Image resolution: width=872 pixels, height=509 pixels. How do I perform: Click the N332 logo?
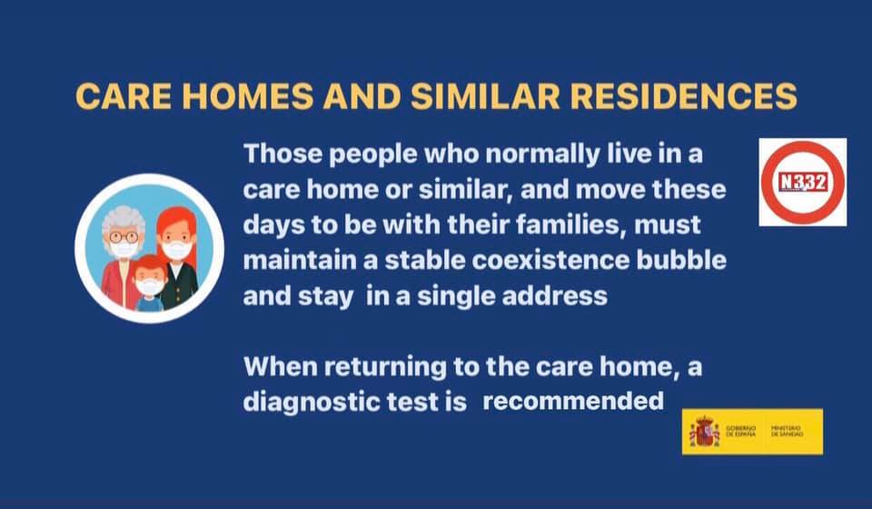pos(802,182)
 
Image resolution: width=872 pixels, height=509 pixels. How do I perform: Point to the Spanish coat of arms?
pos(704,432)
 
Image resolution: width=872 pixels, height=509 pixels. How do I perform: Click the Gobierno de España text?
pos(741,431)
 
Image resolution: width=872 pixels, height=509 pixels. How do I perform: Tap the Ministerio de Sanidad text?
pos(787,431)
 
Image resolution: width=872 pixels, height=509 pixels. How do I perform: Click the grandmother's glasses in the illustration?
pos(124,237)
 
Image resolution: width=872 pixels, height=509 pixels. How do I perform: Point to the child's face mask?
pos(150,287)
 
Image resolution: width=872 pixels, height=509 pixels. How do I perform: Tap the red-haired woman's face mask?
pos(177,250)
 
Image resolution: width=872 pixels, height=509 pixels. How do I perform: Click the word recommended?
pos(573,401)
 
